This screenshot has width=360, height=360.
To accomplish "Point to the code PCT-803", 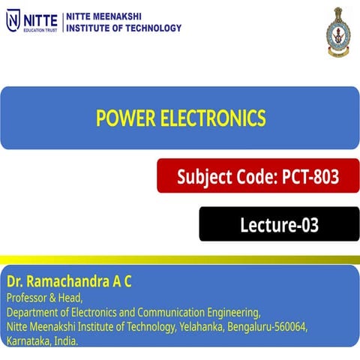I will click(310, 177).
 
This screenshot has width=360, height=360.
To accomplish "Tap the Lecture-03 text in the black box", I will click(279, 223).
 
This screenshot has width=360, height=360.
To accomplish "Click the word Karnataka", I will click(28, 341).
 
